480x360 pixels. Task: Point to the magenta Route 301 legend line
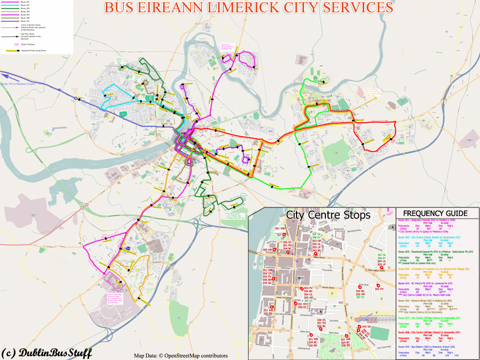pyautogui.click(x=10, y=3)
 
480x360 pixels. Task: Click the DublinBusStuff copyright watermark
pyautogui.click(x=47, y=353)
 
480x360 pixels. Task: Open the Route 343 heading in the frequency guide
pyautogui.click(x=427, y=347)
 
